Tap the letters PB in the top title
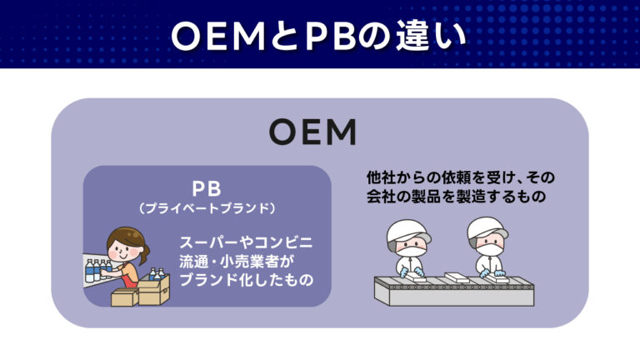click(x=309, y=36)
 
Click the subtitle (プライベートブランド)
click(x=207, y=206)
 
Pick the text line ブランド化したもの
click(x=247, y=279)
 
